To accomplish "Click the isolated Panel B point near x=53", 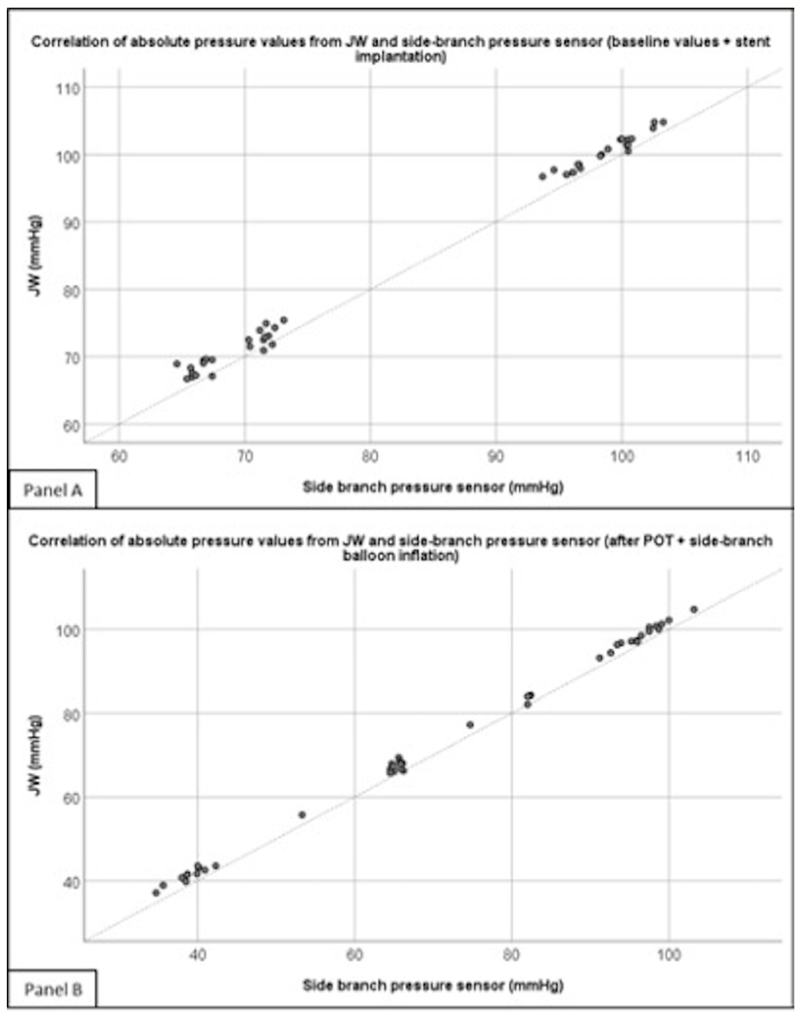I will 301,815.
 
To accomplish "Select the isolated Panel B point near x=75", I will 470,725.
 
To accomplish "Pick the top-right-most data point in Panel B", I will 694,609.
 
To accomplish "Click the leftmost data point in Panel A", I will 177,364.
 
